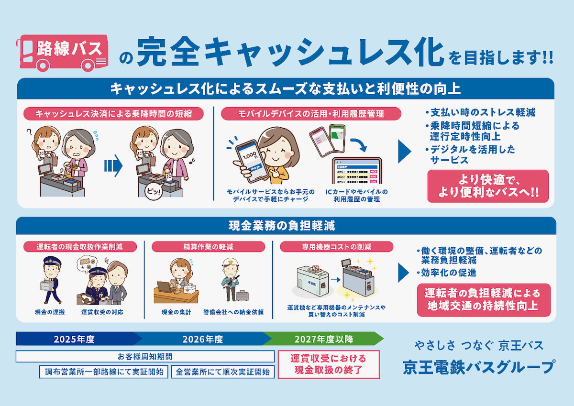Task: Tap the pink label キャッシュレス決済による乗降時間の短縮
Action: point(113,113)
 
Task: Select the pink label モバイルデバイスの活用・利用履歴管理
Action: point(311,113)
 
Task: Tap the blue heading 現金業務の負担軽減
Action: point(286,225)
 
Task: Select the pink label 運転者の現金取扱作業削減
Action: point(80,247)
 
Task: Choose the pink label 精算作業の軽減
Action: point(208,247)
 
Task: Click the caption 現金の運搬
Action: point(50,312)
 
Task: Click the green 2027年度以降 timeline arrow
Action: point(324,339)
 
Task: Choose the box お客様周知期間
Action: point(145,357)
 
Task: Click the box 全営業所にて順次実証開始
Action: point(222,372)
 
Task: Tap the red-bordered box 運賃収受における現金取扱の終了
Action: point(329,364)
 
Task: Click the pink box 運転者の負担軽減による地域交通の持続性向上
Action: point(484,299)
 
